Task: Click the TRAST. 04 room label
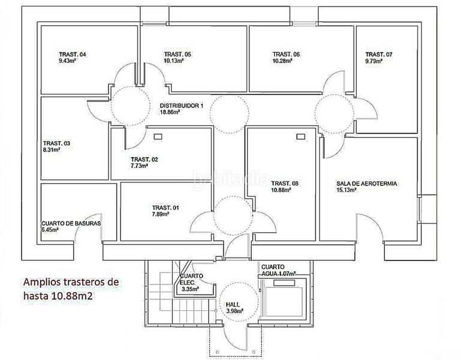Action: point(73,55)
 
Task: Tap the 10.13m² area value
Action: point(174,61)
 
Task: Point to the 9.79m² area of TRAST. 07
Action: point(374,61)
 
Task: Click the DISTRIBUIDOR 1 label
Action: point(182,106)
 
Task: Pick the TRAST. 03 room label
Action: point(56,143)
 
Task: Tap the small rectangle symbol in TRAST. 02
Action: point(158,137)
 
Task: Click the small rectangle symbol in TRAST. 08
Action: point(300,137)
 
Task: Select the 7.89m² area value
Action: point(161,214)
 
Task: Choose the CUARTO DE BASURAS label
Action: point(71,223)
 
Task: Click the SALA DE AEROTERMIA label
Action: point(367,184)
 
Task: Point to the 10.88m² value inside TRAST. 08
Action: point(281,190)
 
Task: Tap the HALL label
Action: point(233,305)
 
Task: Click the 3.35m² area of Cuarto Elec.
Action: point(191,289)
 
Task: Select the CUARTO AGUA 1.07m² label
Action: point(278,270)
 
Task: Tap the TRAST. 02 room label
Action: point(144,160)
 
